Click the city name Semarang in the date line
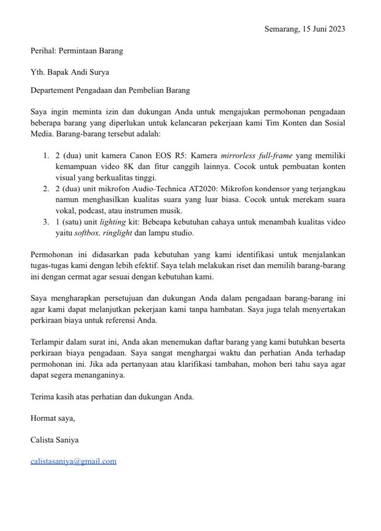coord(281,29)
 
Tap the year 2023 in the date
coord(335,29)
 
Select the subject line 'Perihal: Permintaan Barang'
coord(77,51)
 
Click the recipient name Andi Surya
coord(92,72)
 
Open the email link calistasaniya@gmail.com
coord(73,461)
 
